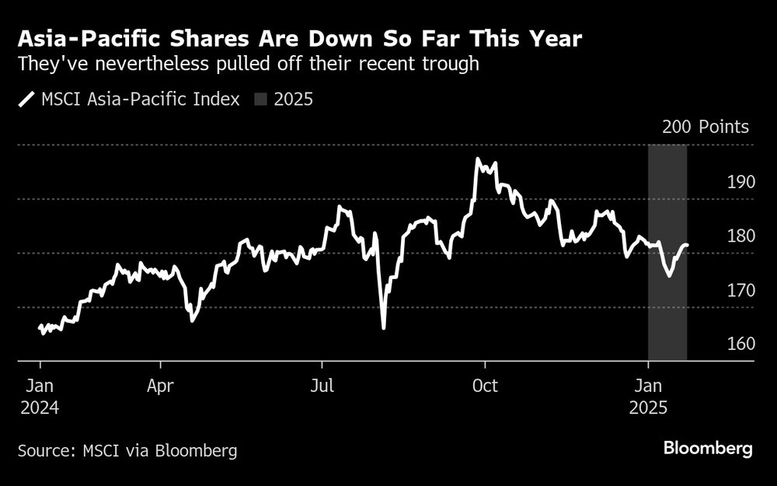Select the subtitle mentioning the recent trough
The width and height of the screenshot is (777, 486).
coord(248,64)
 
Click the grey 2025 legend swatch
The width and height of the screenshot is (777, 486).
coord(261,99)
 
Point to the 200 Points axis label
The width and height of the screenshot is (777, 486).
coord(706,128)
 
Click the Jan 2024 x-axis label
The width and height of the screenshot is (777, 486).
coord(40,395)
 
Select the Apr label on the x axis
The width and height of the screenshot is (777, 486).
coord(161,385)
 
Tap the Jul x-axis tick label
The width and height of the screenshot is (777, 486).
coord(322,385)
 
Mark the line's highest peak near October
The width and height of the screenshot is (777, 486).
coord(477,159)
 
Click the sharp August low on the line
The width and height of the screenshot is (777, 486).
coord(384,327)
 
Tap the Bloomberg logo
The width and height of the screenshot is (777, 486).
coord(708,449)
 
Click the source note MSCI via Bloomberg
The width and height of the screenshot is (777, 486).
coord(128,450)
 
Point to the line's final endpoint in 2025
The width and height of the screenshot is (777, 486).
coord(687,246)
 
